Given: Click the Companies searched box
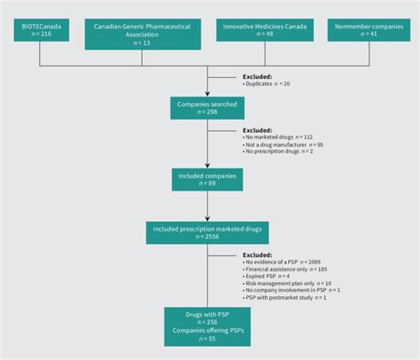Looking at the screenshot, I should (x=207, y=108).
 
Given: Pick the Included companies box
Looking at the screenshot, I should (x=207, y=179).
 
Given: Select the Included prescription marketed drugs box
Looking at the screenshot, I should (x=207, y=233).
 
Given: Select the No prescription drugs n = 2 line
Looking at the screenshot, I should (x=280, y=152).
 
